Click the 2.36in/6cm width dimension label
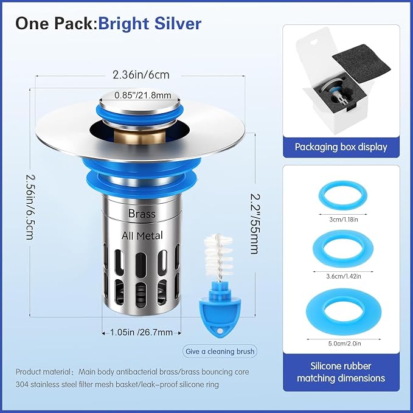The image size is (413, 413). click(x=141, y=75)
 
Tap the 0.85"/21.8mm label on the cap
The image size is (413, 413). click(x=143, y=95)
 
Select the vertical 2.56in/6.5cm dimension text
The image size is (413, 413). click(x=30, y=207)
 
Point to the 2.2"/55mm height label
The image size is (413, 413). click(x=255, y=224)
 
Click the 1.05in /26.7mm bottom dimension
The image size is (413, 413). click(x=141, y=332)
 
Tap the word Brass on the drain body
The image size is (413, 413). click(x=142, y=213)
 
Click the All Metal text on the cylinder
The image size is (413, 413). click(x=142, y=235)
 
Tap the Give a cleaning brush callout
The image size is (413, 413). click(x=220, y=352)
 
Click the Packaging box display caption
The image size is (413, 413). click(x=341, y=147)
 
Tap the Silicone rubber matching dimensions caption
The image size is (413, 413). click(x=341, y=372)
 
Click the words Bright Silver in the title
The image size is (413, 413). click(x=150, y=23)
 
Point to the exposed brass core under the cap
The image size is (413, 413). click(x=140, y=137)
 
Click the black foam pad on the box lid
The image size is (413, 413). click(x=361, y=63)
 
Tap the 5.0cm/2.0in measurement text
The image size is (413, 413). click(x=344, y=344)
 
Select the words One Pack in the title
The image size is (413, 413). click(x=55, y=23)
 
